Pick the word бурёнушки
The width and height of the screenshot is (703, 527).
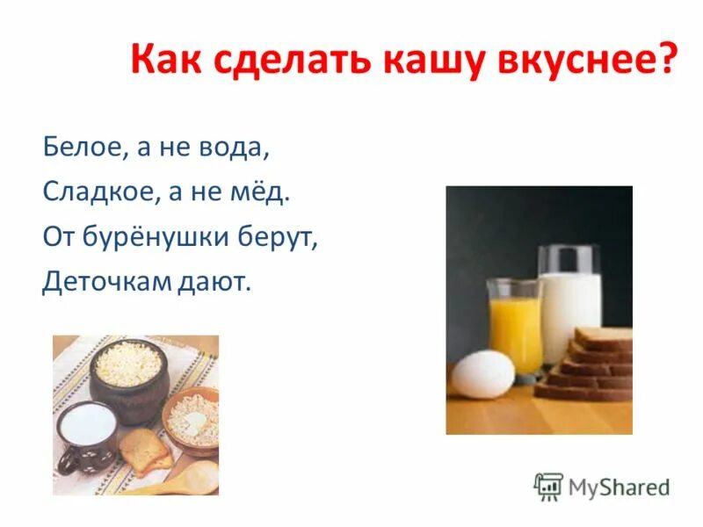(x=157, y=237)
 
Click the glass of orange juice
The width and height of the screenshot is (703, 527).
(x=515, y=325)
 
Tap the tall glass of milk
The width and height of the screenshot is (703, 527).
(x=570, y=303)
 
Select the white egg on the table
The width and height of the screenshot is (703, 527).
(x=482, y=373)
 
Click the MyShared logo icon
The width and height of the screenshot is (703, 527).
(x=548, y=487)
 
